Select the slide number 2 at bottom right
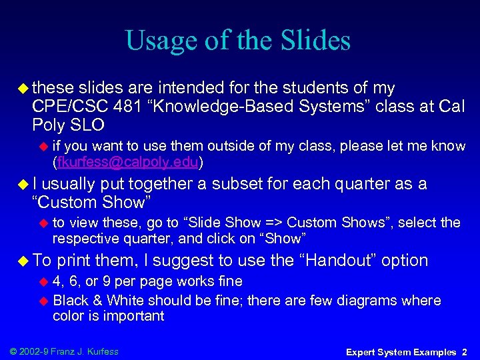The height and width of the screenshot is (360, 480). pos(464,351)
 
